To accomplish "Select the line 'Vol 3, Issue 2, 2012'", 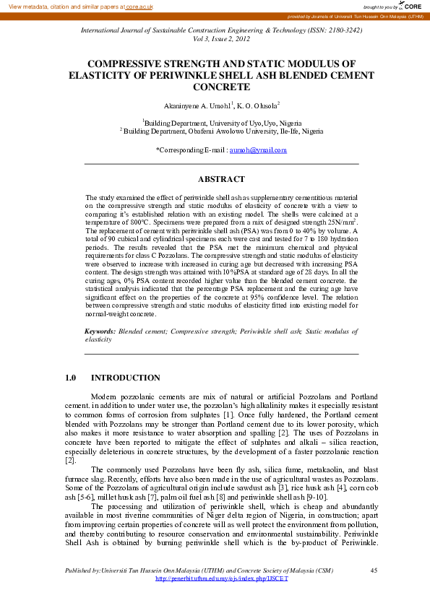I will tap(221, 40).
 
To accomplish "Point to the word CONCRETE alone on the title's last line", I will tap(221, 86).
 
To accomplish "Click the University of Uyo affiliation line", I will tap(222, 123).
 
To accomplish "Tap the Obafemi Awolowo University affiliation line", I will tap(222, 132).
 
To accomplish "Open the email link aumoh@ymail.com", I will tap(258, 150).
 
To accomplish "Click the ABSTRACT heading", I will tap(221, 178).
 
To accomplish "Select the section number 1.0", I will tap(71, 378).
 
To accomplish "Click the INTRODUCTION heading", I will tap(126, 378).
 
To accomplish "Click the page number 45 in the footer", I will tap(374, 570).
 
